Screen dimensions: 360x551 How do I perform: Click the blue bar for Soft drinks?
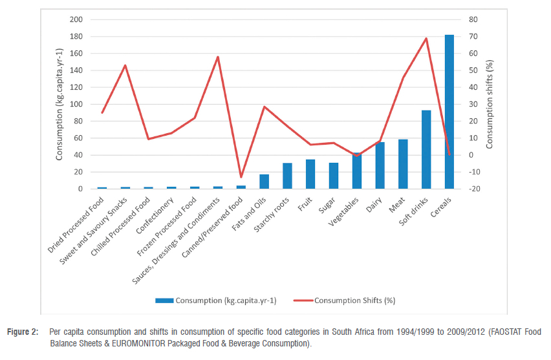[x=426, y=149]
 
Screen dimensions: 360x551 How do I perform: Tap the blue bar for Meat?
[x=403, y=164]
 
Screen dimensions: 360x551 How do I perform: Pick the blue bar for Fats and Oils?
[x=264, y=182]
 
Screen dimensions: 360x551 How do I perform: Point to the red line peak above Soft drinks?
[x=426, y=38]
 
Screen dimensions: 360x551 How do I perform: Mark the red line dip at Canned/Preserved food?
[x=241, y=177]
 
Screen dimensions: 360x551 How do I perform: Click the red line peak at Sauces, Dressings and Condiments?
[x=218, y=57]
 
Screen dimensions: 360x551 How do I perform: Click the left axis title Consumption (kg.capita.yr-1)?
[x=59, y=104]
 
